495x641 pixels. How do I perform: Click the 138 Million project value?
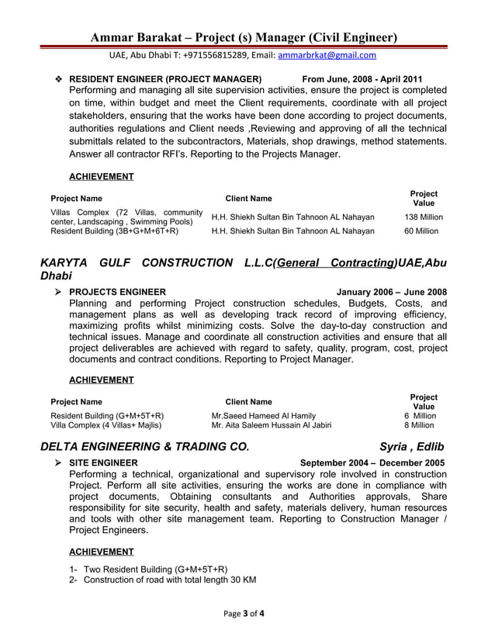424,217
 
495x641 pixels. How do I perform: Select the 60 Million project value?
421,230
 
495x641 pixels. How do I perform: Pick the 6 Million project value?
419,416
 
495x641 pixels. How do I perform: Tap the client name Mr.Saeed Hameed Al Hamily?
263,416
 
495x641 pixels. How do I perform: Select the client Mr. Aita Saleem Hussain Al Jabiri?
271,425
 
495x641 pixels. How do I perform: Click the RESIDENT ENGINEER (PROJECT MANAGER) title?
164,79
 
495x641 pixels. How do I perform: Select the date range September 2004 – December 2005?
372,463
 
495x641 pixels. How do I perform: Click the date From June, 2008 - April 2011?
362,79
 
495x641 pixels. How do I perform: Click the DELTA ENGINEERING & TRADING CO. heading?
145,446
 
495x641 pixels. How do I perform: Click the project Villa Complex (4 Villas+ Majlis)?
106,425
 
